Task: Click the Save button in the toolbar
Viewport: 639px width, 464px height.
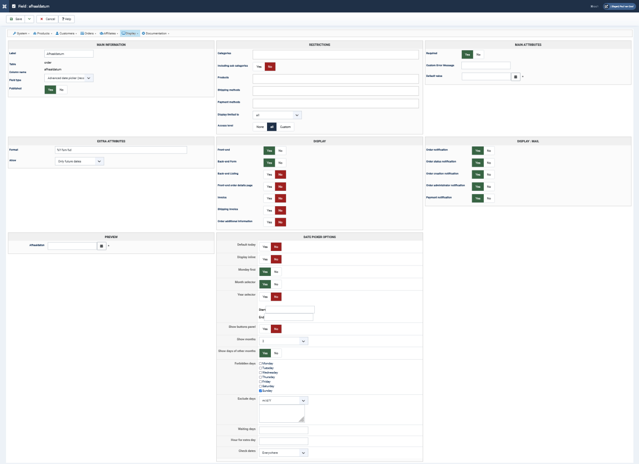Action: click(16, 19)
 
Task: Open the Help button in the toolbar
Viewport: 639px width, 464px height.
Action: click(67, 19)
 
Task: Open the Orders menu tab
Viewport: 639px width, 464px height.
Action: click(88, 34)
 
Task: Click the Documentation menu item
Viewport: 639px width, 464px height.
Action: click(156, 34)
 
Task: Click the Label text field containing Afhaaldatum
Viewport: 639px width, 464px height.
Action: click(69, 54)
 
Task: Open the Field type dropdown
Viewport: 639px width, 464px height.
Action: click(69, 78)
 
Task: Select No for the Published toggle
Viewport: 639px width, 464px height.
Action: click(61, 90)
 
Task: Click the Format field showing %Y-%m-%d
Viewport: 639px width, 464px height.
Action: click(121, 150)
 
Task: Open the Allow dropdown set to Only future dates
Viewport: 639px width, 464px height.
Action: click(80, 162)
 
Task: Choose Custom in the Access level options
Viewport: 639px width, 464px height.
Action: click(285, 127)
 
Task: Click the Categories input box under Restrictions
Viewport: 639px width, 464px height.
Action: click(335, 55)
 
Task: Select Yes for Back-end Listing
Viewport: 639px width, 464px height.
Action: click(269, 174)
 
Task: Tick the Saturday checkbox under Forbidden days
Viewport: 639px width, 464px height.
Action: click(261, 386)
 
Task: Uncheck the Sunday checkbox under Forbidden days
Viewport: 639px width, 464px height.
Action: click(261, 391)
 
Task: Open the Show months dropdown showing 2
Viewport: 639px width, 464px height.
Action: click(283, 341)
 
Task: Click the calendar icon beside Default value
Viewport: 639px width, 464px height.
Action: click(516, 77)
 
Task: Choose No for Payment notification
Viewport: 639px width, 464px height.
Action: click(489, 198)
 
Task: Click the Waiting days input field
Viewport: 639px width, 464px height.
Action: click(283, 430)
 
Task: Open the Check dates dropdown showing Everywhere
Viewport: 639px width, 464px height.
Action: click(283, 453)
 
